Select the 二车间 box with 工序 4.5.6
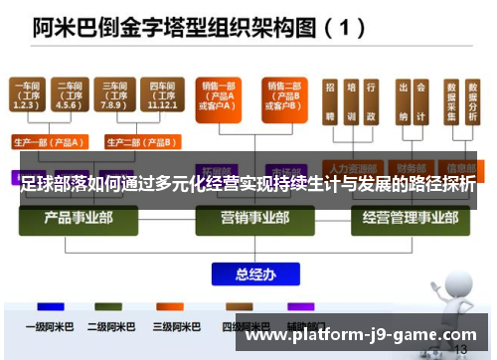pos(70,95)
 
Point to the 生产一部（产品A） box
pos(49,140)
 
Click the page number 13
pos(459,350)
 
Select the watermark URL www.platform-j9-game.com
pos(360,335)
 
